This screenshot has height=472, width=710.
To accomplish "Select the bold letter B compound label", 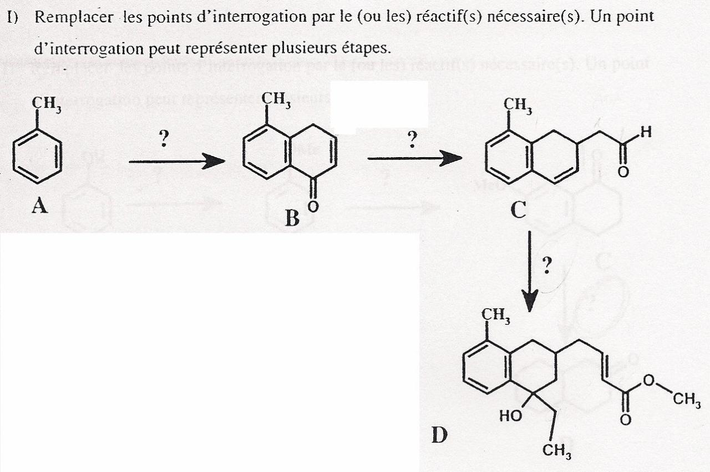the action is point(292,218).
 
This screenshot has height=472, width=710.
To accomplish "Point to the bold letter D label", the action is point(439,435).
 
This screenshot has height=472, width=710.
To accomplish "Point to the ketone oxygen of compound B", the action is point(313,207).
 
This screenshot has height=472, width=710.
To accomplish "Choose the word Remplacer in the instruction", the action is point(74,17).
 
